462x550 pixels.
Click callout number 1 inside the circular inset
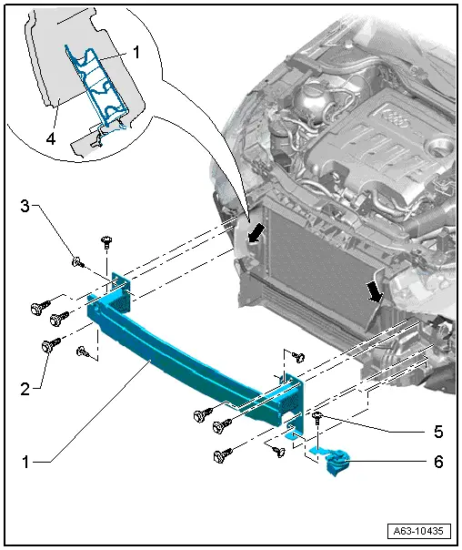click(x=136, y=54)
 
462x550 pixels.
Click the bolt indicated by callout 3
click(x=77, y=263)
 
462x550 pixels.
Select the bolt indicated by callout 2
click(x=50, y=345)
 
